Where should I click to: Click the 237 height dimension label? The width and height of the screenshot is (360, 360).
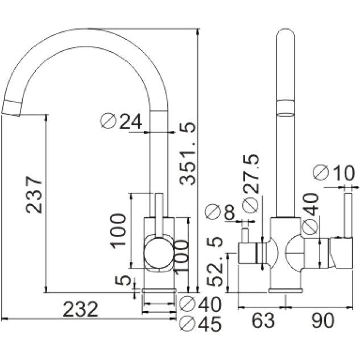tap(34, 195)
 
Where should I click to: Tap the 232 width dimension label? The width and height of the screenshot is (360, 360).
tap(80, 309)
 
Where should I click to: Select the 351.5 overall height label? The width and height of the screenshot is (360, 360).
tap(187, 154)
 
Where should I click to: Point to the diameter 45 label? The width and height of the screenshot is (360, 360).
tap(200, 324)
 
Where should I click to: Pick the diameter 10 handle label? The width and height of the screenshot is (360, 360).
tap(334, 172)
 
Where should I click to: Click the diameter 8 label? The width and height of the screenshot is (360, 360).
tap(221, 212)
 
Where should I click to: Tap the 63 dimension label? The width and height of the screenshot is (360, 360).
tap(263, 320)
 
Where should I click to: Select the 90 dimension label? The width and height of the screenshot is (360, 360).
tap(323, 320)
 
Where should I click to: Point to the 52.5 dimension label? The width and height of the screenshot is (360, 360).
tap(214, 261)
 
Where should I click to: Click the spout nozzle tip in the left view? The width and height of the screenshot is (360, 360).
tap(11, 108)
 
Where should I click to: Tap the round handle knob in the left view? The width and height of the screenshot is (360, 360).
tap(158, 253)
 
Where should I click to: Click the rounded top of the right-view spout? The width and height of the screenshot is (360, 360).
tap(286, 32)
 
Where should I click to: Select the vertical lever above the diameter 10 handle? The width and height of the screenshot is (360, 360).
tap(348, 215)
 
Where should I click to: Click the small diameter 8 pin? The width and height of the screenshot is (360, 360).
tap(246, 235)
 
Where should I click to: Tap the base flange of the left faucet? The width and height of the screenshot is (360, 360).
tap(159, 291)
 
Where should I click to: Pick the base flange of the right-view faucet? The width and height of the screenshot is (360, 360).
tap(286, 291)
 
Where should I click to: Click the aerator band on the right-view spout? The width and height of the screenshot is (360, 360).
tap(286, 107)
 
